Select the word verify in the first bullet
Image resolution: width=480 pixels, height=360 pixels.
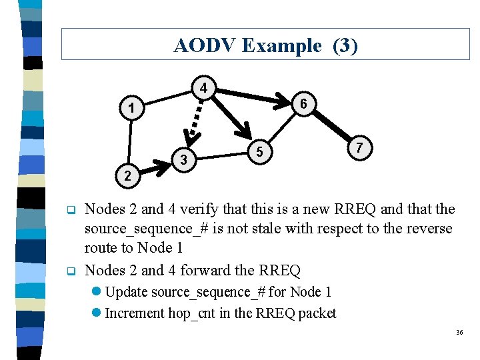pos(196,209)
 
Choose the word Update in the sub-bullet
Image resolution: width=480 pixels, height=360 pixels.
pos(127,292)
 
